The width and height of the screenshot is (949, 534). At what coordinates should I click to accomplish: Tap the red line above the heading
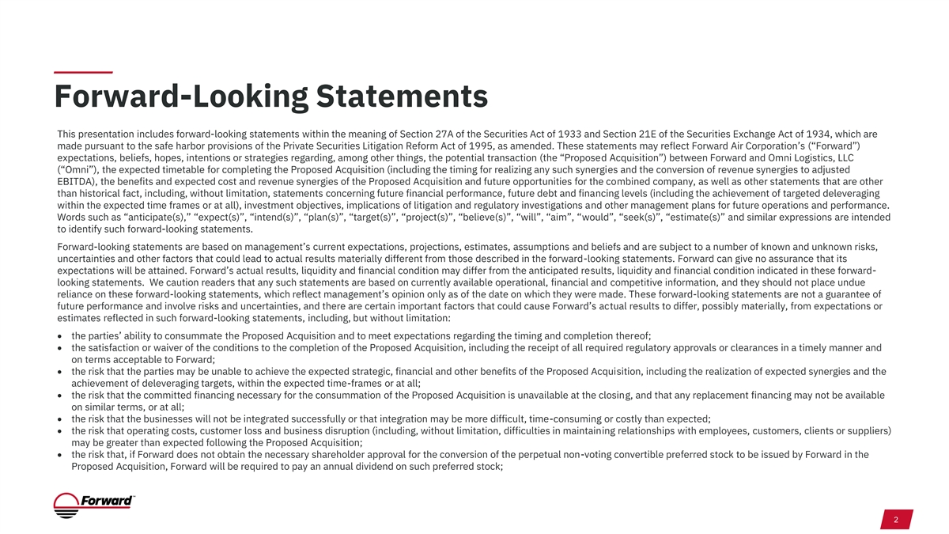(83, 73)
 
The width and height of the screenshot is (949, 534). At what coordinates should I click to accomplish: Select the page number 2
(895, 521)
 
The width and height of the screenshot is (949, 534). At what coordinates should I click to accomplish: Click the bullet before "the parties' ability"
(61, 335)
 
